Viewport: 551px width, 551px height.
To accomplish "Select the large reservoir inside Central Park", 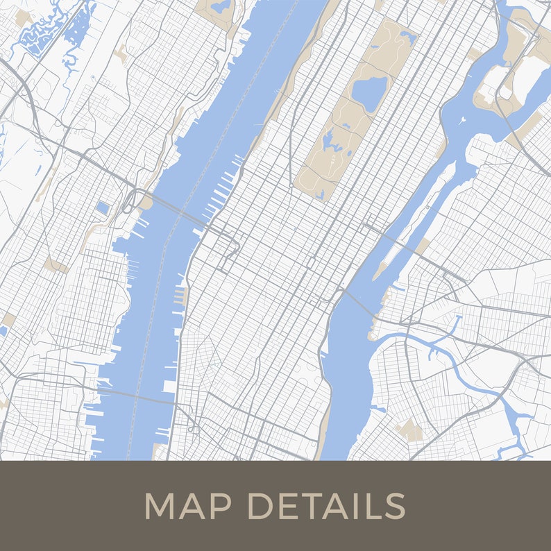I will pyautogui.click(x=368, y=94).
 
